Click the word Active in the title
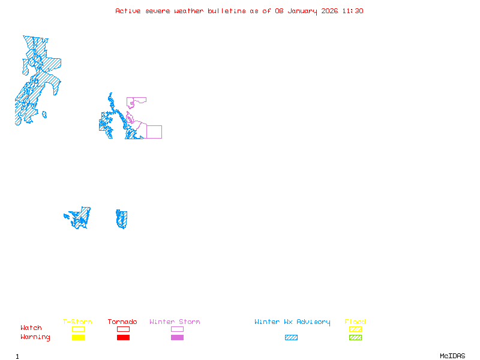click(128, 11)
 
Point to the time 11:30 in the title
click(353, 11)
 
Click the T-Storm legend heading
click(77, 322)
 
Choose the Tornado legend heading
click(122, 322)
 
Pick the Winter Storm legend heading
click(175, 322)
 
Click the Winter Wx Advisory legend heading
click(292, 322)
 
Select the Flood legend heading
click(355, 322)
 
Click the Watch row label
click(31, 328)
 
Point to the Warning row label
click(35, 337)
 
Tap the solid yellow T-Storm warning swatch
click(78, 338)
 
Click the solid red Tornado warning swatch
click(123, 338)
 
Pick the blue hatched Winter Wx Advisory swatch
click(291, 338)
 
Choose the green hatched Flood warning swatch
click(355, 338)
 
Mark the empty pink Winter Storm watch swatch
click(177, 329)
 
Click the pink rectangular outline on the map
click(154, 132)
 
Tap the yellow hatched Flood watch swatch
click(355, 329)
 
